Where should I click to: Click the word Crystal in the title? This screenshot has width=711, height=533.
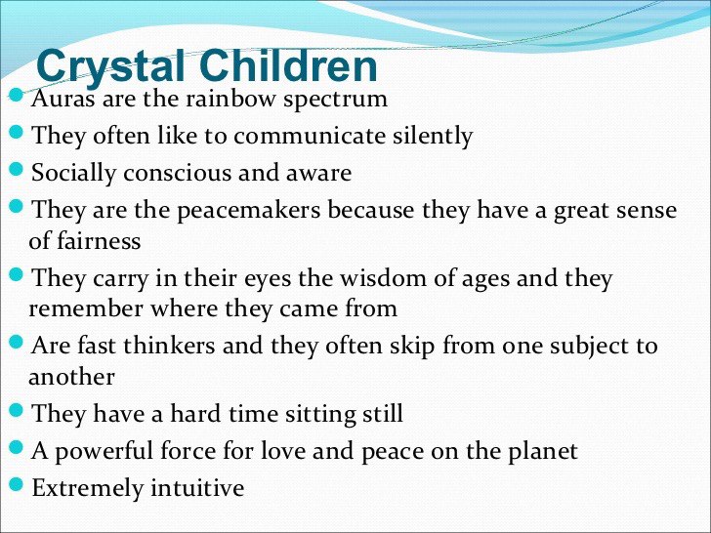click(x=110, y=67)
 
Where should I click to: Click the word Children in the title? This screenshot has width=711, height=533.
click(x=288, y=65)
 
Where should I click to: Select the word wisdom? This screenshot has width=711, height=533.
click(x=384, y=278)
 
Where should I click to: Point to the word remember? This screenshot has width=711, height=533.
click(x=86, y=309)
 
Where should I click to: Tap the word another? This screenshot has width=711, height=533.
click(x=71, y=377)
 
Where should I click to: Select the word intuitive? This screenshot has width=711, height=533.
click(x=197, y=488)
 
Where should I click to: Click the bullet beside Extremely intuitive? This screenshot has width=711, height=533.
click(x=16, y=484)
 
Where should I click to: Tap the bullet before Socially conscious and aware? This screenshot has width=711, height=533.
click(x=16, y=169)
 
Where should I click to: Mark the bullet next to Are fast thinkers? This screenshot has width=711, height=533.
click(x=16, y=342)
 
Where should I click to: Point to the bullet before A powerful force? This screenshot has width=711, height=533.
click(x=16, y=447)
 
